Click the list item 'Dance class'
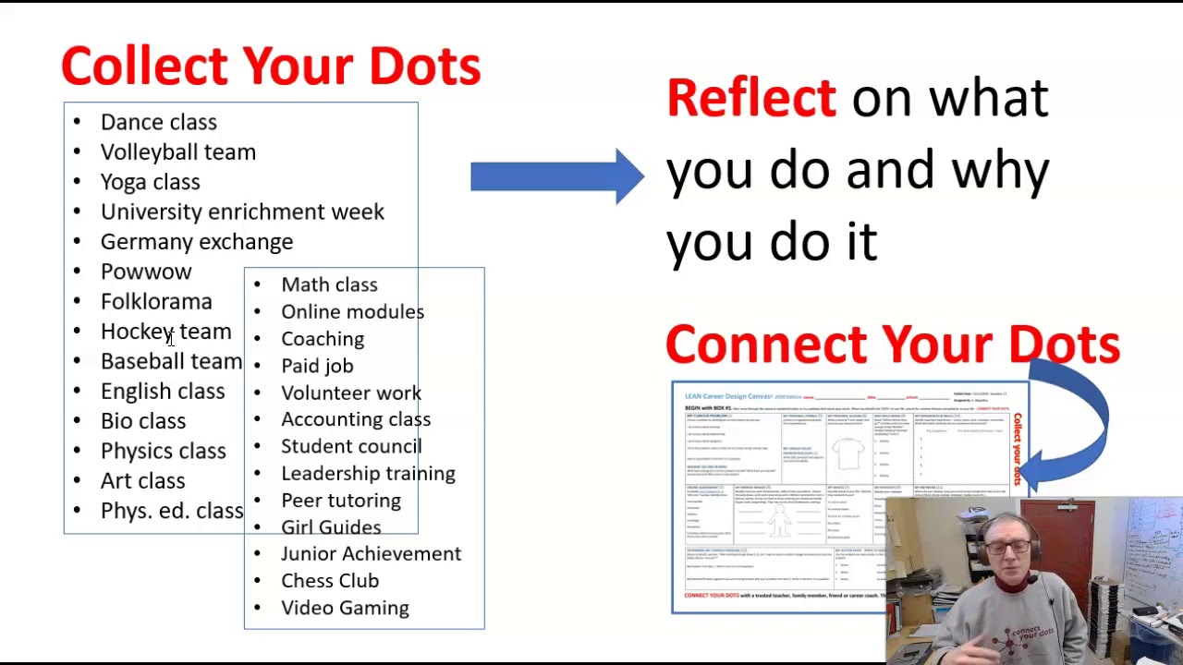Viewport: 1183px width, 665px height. tap(158, 122)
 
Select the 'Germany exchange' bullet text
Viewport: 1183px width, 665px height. tap(196, 242)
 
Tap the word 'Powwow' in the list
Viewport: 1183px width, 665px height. tap(146, 272)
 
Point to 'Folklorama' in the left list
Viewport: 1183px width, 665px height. tap(156, 302)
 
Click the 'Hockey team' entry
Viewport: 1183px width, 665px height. tap(165, 332)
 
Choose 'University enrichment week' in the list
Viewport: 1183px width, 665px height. tap(242, 212)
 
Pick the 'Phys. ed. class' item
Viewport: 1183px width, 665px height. tap(172, 511)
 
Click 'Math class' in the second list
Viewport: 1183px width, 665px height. tap(329, 284)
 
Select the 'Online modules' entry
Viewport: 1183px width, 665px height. tap(352, 312)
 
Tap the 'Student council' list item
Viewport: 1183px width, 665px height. tap(351, 446)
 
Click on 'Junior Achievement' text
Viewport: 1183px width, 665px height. tap(371, 553)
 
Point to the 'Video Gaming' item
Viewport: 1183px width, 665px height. tap(345, 608)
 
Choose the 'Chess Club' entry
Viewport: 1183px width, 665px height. tap(330, 581)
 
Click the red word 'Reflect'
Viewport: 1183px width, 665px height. tap(750, 98)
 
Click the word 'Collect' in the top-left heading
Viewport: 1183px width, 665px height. tap(144, 66)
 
